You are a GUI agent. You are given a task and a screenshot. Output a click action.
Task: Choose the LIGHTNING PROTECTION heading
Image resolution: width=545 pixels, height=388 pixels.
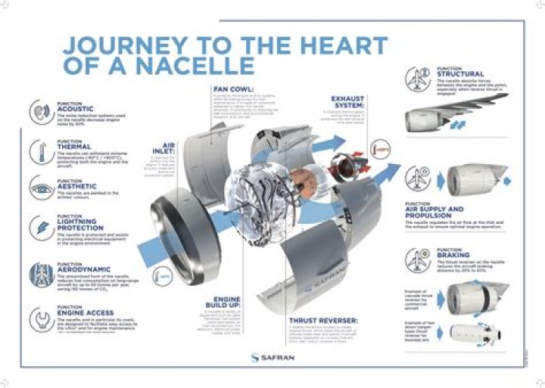tap(83, 224)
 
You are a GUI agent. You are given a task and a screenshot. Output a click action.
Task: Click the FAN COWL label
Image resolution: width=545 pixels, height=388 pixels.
tap(235, 90)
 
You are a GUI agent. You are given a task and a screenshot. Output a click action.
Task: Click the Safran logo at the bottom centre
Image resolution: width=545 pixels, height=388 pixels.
tap(272, 356)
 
